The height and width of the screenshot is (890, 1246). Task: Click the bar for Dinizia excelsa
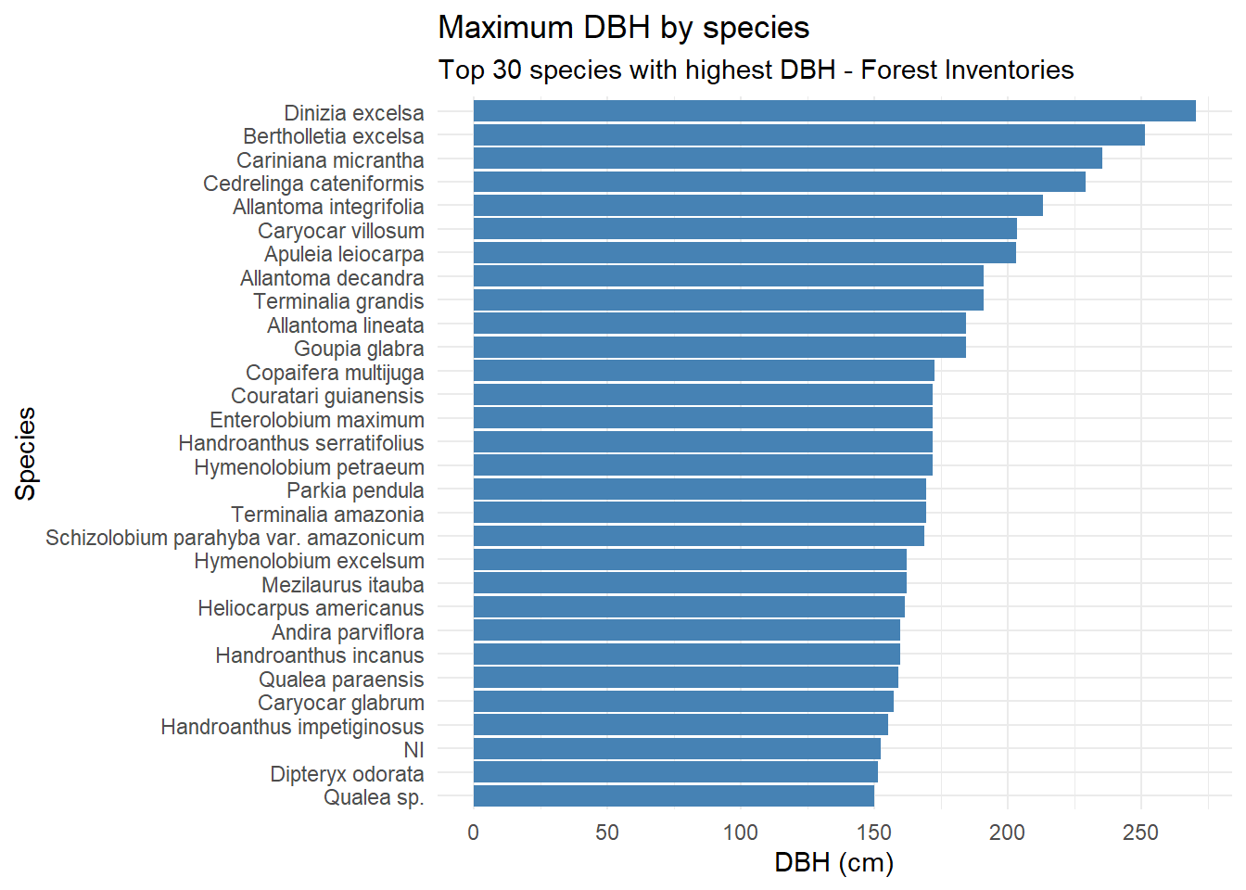pos(834,111)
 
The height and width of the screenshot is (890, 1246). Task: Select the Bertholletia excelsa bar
pos(808,135)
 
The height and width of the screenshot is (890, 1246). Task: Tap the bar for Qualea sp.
pos(673,796)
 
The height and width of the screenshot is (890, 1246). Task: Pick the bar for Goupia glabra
pos(719,348)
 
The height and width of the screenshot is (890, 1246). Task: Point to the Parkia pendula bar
pos(699,489)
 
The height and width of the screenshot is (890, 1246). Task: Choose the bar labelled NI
pos(677,749)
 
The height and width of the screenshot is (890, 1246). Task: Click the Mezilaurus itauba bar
pos(690,584)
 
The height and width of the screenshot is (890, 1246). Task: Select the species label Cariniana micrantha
pos(330,160)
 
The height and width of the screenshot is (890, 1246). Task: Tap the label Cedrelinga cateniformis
pos(313,184)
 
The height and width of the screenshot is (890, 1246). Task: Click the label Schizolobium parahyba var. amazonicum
pos(235,538)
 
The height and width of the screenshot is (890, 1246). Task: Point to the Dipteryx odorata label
pos(347,774)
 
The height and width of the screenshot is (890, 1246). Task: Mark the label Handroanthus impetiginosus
pos(292,727)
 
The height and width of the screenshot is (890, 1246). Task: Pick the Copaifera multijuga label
pos(335,373)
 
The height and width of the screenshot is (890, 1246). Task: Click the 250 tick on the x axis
pos(1140,833)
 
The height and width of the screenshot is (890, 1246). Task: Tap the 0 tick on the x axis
pos(474,833)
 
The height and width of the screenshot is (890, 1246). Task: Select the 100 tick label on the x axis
pos(741,833)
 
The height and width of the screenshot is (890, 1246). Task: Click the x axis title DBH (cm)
pos(833,863)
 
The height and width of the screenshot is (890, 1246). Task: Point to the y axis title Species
pos(26,454)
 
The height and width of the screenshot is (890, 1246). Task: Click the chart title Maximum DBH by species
pos(623,28)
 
